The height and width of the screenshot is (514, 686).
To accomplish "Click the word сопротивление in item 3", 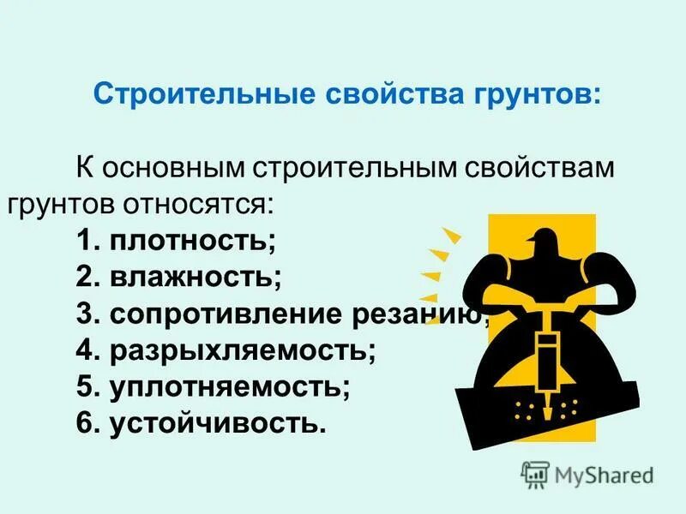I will [226, 314].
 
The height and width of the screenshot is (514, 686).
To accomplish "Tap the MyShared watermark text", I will [603, 475].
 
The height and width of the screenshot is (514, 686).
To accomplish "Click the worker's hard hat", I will [543, 242].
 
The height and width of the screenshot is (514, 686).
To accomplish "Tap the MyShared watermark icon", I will [535, 474].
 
